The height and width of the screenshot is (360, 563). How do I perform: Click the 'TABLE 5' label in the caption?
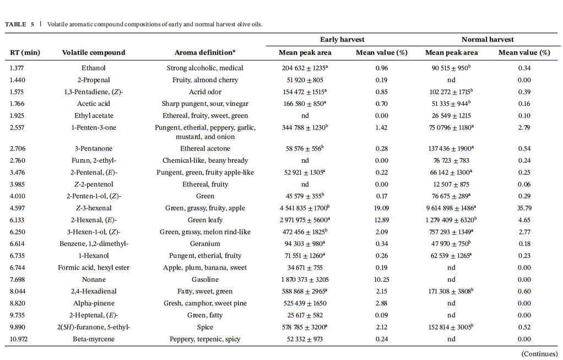pos(19,24)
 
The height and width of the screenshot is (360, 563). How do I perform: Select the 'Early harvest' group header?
pos(342,40)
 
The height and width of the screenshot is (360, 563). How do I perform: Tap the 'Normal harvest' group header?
pos(487,40)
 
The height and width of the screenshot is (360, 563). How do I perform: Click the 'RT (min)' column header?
pos(25,53)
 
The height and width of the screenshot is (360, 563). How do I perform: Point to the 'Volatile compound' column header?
pos(94,53)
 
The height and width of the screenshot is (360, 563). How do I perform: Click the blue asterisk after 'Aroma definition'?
pos(234,52)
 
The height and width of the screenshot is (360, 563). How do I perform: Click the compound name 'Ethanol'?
pos(94,68)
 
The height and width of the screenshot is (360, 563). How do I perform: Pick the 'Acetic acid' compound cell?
pos(94,104)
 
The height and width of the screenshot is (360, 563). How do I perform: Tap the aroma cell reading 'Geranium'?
pos(205,244)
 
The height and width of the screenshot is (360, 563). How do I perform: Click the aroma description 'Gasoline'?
pos(205,280)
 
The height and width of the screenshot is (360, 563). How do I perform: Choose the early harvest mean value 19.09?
pos(381,208)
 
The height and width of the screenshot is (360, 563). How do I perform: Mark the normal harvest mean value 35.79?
pos(524,208)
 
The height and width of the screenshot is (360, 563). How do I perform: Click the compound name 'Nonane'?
pos(94,280)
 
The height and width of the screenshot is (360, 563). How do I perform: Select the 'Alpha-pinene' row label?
pos(94,303)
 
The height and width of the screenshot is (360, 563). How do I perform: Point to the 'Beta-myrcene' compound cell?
pos(94,339)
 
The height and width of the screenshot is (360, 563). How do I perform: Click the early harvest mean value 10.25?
pos(381,280)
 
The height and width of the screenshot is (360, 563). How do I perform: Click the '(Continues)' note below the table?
pos(539,354)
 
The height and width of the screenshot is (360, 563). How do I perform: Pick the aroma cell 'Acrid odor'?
pos(205,92)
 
